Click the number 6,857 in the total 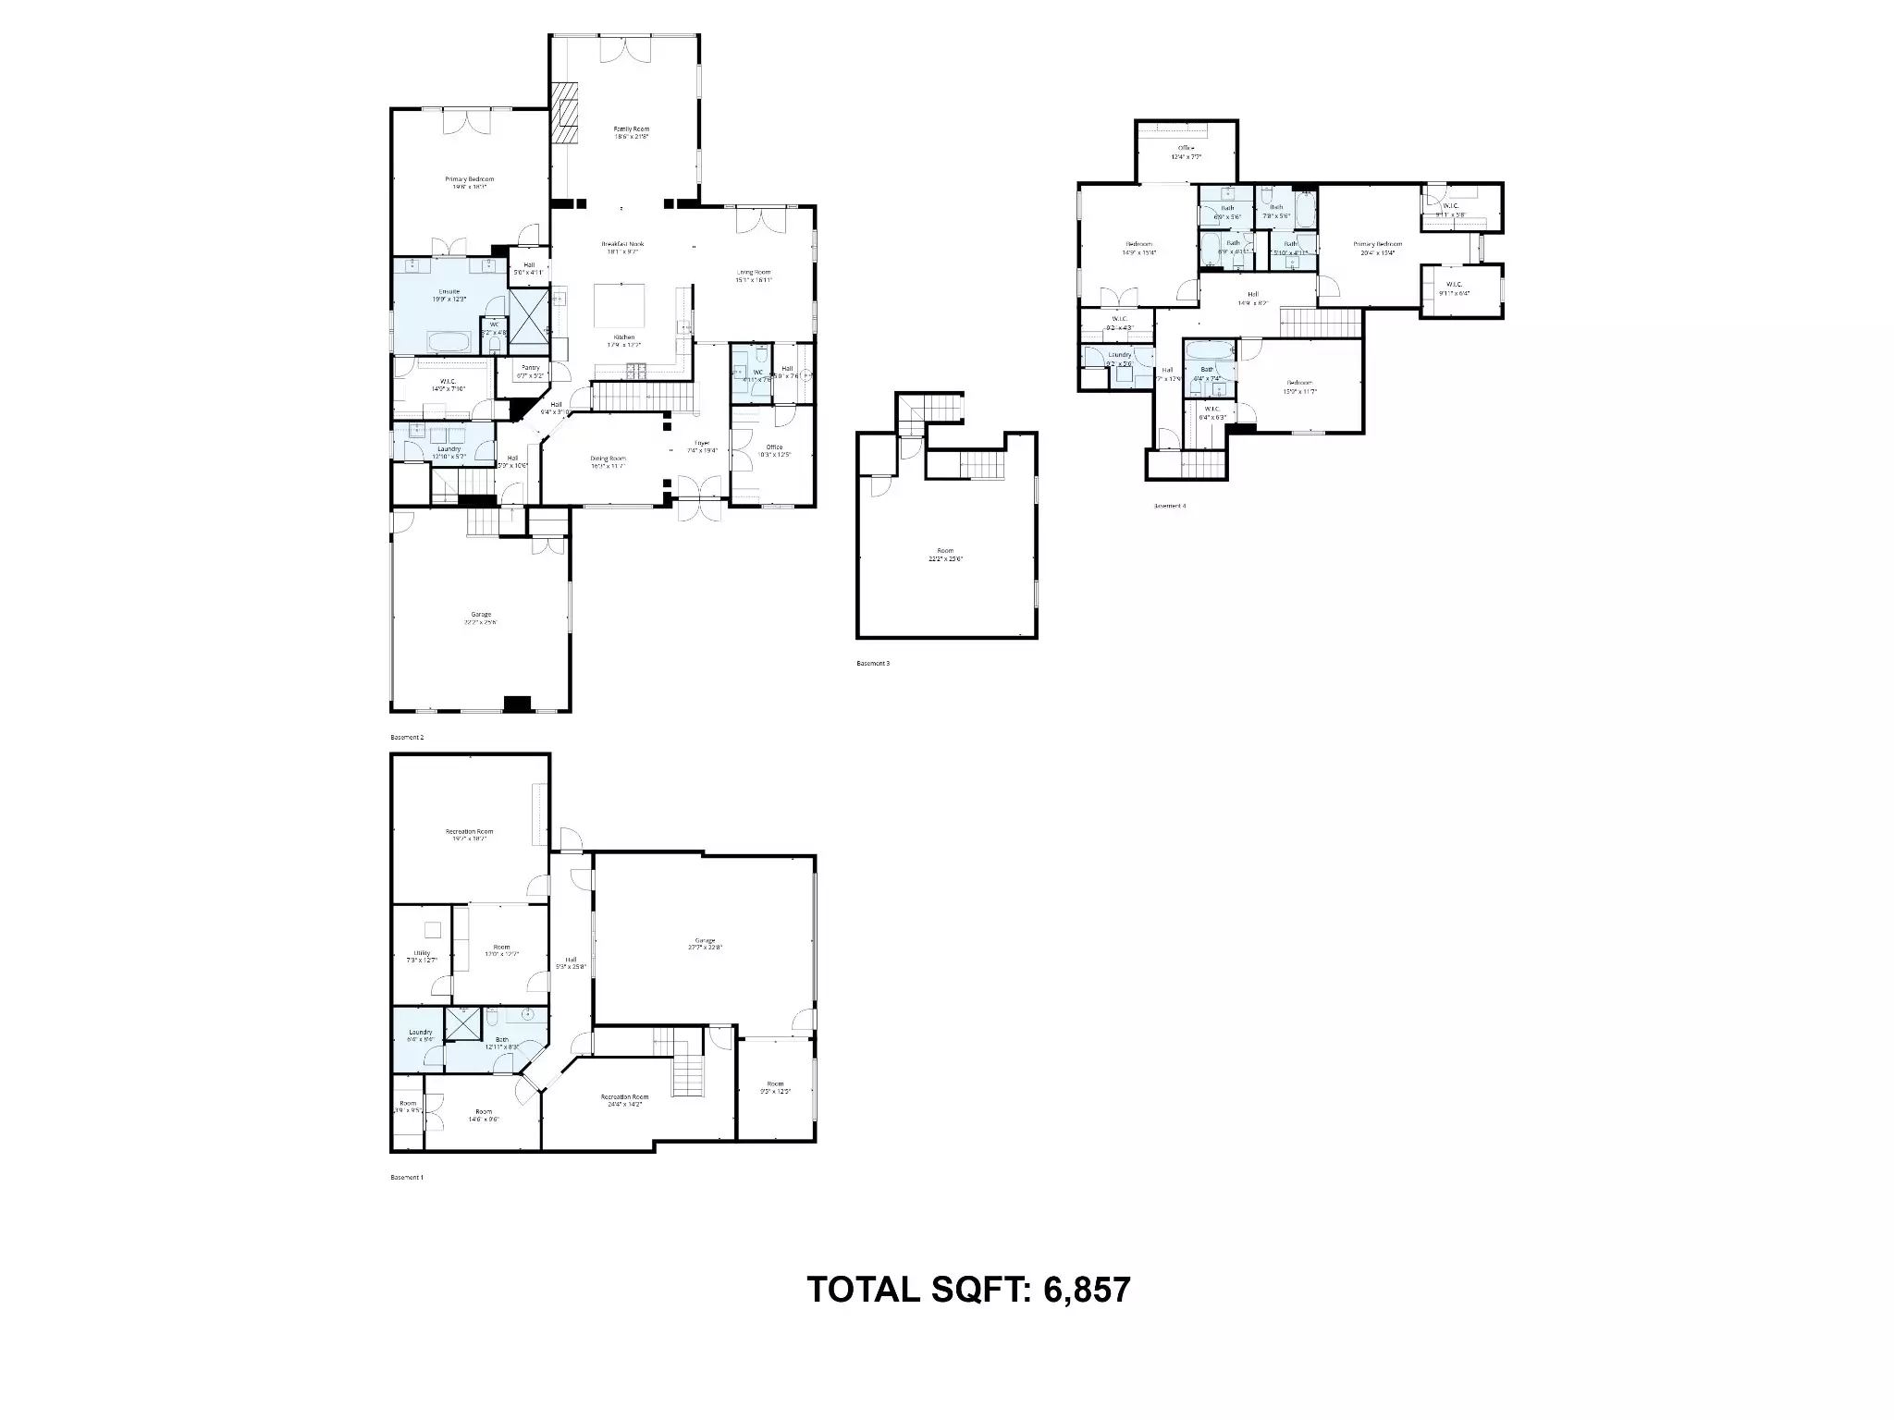click(x=1087, y=1289)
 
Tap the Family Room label click(x=632, y=132)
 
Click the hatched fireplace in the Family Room click(x=564, y=113)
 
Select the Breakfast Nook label click(x=621, y=247)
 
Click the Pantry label click(x=530, y=371)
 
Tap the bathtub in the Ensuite click(x=449, y=342)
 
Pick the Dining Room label click(x=608, y=461)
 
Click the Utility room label click(x=422, y=956)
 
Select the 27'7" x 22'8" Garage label click(x=705, y=943)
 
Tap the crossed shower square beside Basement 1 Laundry click(x=460, y=1024)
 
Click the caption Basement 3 click(x=872, y=663)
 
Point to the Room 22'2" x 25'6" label click(x=945, y=554)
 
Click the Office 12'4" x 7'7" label click(x=1186, y=152)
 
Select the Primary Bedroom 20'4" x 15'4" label click(x=1377, y=248)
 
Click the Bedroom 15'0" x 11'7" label click(x=1298, y=386)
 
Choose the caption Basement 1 click(x=407, y=1177)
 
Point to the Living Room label click(x=753, y=275)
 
